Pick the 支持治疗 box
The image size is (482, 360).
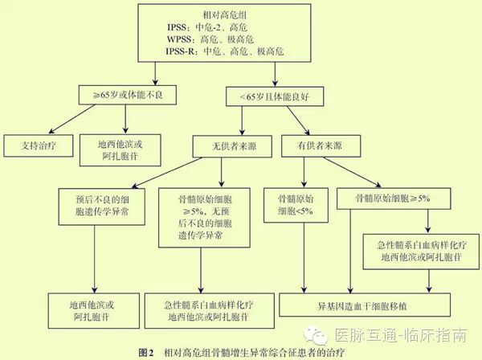[x=38, y=145]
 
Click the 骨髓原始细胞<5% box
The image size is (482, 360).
[x=301, y=204]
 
